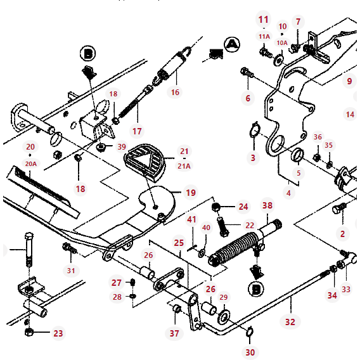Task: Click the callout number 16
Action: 175,93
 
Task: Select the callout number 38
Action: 267,205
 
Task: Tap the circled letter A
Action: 233,43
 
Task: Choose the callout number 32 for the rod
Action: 290,321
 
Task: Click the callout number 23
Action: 58,333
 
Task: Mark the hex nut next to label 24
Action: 215,207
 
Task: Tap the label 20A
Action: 30,164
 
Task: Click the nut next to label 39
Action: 101,148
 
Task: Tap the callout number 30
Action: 250,352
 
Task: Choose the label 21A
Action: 184,166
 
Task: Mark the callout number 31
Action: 71,271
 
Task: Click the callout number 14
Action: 350,115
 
